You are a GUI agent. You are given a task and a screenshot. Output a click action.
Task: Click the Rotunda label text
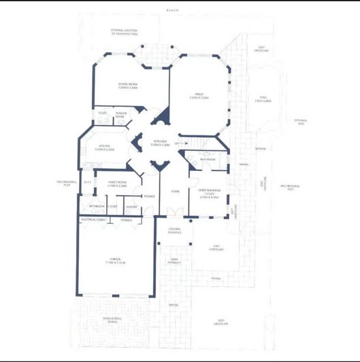click(161, 143)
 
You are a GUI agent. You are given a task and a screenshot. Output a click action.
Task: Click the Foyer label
click(175, 192)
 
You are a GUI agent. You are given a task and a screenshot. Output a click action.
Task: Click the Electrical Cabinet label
click(92, 220)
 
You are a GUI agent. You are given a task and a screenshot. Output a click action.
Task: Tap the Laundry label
click(132, 206)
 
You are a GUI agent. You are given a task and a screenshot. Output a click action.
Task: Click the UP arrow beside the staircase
click(177, 144)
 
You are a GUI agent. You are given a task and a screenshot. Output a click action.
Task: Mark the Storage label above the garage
click(126, 220)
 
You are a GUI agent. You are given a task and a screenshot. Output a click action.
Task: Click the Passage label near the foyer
click(149, 197)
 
